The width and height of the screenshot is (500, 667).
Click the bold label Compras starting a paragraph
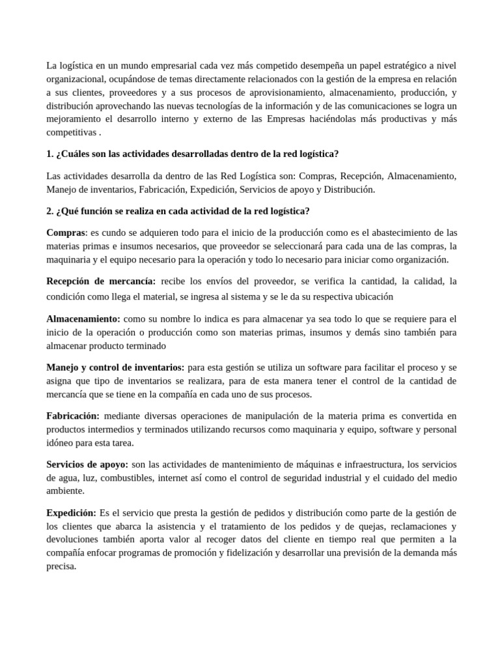pyautogui.click(x=66, y=233)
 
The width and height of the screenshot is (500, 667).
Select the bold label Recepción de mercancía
pyautogui.click(x=101, y=281)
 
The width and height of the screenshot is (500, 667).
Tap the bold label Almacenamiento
pyautogui.click(x=83, y=319)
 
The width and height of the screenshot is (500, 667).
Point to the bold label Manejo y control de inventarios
pyautogui.click(x=115, y=367)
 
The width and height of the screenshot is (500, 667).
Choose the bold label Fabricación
pyautogui.click(x=73, y=416)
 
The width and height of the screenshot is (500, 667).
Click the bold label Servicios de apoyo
pyautogui.click(x=87, y=464)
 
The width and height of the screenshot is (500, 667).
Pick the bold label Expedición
pyautogui.click(x=72, y=513)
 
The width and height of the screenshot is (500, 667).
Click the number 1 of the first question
pyautogui.click(x=49, y=154)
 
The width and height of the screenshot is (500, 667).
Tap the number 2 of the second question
pyautogui.click(x=49, y=211)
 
